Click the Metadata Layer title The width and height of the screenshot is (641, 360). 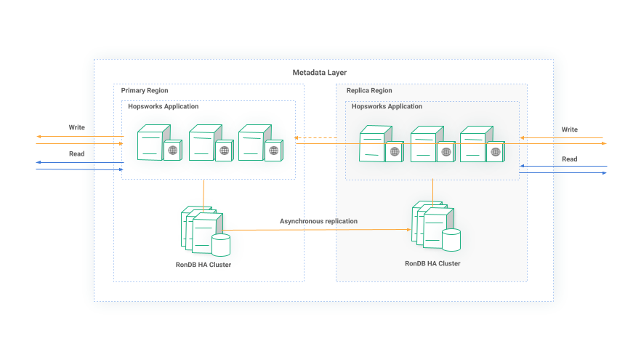coord(320,73)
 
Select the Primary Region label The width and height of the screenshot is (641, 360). coord(145,91)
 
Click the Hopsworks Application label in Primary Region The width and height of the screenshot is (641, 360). coord(164,107)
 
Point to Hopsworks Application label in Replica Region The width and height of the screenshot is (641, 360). coord(387,107)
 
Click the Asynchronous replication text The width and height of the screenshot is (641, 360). coord(318,221)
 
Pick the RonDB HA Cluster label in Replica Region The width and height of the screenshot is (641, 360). coord(432,263)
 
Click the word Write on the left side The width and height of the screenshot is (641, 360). coord(77,127)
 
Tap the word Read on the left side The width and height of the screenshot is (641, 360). coord(77,154)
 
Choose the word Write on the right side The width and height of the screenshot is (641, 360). coord(570,129)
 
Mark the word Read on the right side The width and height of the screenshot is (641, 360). coord(570,159)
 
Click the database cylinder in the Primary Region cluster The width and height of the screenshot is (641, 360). coord(220,244)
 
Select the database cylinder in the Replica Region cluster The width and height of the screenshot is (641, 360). coord(451,239)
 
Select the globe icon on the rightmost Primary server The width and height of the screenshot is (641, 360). coord(273,151)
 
